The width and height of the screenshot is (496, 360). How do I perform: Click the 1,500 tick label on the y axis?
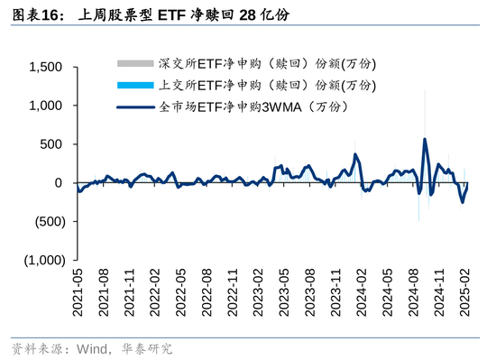(46, 67)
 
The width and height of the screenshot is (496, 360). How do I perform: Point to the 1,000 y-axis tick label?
(46, 106)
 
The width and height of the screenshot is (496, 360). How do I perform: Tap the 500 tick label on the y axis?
(51, 144)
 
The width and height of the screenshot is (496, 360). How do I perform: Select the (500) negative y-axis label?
(51, 222)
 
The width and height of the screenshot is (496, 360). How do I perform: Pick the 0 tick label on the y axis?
(59, 183)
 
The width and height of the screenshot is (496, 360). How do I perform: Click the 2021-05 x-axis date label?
(78, 292)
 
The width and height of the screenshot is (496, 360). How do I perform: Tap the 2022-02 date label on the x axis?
(155, 292)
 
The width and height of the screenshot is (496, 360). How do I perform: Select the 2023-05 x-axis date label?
(284, 292)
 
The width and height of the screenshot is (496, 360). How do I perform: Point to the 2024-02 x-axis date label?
(362, 292)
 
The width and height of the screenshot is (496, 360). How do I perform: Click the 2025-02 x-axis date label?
(464, 292)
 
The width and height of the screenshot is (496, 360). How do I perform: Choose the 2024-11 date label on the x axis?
(439, 292)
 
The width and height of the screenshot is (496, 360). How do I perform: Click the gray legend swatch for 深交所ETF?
(135, 63)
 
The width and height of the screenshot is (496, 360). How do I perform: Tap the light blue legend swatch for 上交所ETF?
(135, 85)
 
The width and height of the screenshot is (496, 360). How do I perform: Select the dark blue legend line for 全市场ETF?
(135, 107)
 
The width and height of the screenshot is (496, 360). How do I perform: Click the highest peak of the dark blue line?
(425, 139)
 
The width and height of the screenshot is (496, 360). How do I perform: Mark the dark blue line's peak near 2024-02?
(355, 154)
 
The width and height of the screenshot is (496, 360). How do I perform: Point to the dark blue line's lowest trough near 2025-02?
(463, 202)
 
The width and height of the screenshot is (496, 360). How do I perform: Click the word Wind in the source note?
(92, 349)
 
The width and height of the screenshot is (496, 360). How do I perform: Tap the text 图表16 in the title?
(35, 14)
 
